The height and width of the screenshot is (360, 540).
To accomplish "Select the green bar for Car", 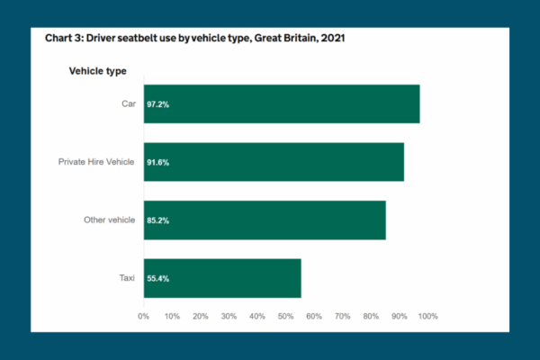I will point(282,103).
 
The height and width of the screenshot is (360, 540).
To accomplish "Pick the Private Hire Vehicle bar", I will point(274,162).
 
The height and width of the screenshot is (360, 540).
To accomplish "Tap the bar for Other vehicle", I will point(265,220).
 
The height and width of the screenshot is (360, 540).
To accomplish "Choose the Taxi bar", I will point(222,278).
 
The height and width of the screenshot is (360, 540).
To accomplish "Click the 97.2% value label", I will point(157,104).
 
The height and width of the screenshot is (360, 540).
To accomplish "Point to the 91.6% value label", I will point(157,163).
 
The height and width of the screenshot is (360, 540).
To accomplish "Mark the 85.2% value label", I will point(157,220).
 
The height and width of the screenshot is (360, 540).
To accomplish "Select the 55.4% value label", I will point(157,279).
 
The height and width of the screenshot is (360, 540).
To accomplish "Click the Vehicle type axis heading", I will point(98,71).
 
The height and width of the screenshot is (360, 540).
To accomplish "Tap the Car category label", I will point(128,103).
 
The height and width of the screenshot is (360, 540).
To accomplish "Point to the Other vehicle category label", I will point(109,220).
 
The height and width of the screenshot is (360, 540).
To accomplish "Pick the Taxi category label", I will point(127,278).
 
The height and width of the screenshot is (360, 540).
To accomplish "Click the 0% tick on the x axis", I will point(143,316).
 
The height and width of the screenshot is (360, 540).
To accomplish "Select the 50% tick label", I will point(285,316).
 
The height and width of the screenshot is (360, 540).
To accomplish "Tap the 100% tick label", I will point(427,316).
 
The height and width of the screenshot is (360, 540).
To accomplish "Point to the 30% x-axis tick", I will point(229,316).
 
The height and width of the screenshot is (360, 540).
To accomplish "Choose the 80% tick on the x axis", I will point(371,316).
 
